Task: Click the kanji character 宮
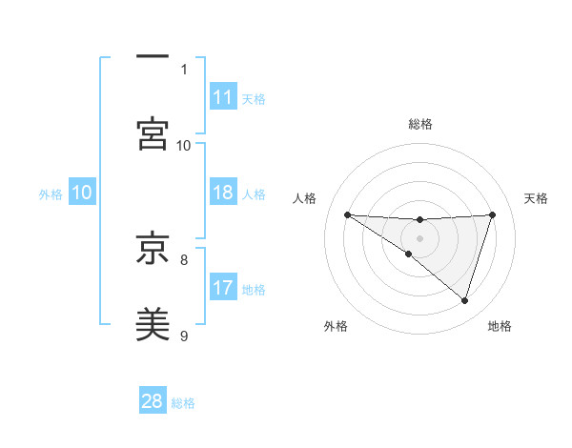click(153, 133)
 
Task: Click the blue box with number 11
click(223, 97)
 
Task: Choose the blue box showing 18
click(223, 193)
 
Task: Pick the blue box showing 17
click(223, 288)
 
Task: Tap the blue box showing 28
click(153, 401)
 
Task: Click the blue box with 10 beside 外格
click(82, 193)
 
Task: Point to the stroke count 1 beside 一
click(184, 69)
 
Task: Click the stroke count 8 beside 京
click(184, 258)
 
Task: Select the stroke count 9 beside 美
click(184, 335)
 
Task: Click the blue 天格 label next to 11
click(254, 99)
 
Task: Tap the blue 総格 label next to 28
click(183, 403)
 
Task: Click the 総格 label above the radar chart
click(420, 124)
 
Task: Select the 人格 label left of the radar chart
click(306, 198)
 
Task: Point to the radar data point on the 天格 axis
click(493, 214)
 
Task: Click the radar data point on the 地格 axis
click(464, 300)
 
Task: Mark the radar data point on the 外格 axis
click(409, 254)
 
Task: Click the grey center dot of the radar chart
click(419, 237)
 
